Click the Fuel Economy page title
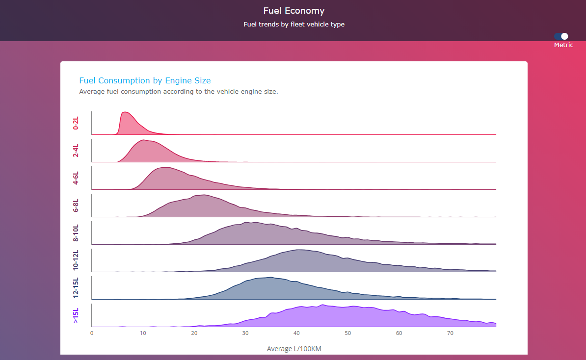pos(293,11)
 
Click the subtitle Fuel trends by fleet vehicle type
pos(293,25)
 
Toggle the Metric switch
pos(561,36)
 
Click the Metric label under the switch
pos(563,45)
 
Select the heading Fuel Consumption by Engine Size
pos(145,80)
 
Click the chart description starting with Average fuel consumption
pos(179,91)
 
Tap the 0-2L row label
pos(76,123)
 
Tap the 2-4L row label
pos(76,151)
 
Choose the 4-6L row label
pos(76,178)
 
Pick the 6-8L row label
pos(76,206)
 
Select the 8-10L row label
pos(76,232)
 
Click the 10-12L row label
pos(76,260)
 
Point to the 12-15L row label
pos(76,287)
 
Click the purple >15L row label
pos(76,315)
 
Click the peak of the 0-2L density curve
pos(125,112)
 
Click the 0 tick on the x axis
pos(92,334)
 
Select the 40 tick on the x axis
pos(296,334)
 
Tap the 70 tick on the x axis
pos(450,334)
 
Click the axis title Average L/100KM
pos(293,349)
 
